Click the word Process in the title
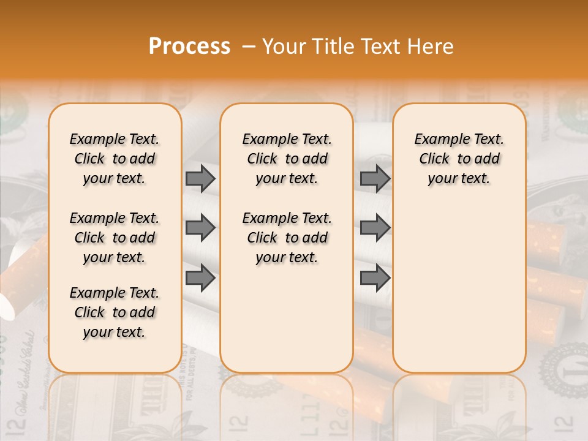click(189, 47)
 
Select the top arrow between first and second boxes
click(200, 178)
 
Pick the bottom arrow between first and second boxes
click(200, 278)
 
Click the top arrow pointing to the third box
click(375, 178)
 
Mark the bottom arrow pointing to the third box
click(375, 278)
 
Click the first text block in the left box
click(115, 159)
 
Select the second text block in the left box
click(115, 238)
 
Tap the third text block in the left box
click(115, 312)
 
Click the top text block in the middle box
click(287, 159)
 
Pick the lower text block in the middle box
click(287, 238)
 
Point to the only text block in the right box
click(459, 159)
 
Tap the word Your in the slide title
click(284, 47)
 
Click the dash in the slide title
click(249, 47)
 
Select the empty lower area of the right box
click(459, 288)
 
